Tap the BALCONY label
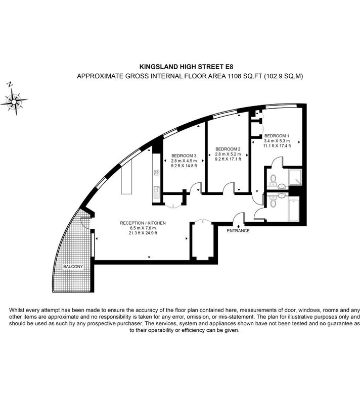[x=73, y=267]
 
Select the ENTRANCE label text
[x=238, y=231]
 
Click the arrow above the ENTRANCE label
[x=238, y=226]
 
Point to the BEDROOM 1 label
[x=277, y=136]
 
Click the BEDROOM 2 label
[x=228, y=149]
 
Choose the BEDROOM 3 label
[x=184, y=156]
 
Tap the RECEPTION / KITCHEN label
[x=143, y=223]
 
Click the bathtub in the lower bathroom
[x=293, y=209]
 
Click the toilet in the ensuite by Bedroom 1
[x=273, y=178]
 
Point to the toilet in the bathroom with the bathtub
[x=273, y=204]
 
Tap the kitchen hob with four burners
[x=157, y=172]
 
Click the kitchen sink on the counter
[x=156, y=192]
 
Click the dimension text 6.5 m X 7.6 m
[x=143, y=228]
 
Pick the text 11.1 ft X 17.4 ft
[x=277, y=146]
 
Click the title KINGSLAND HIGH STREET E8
[x=186, y=67]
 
